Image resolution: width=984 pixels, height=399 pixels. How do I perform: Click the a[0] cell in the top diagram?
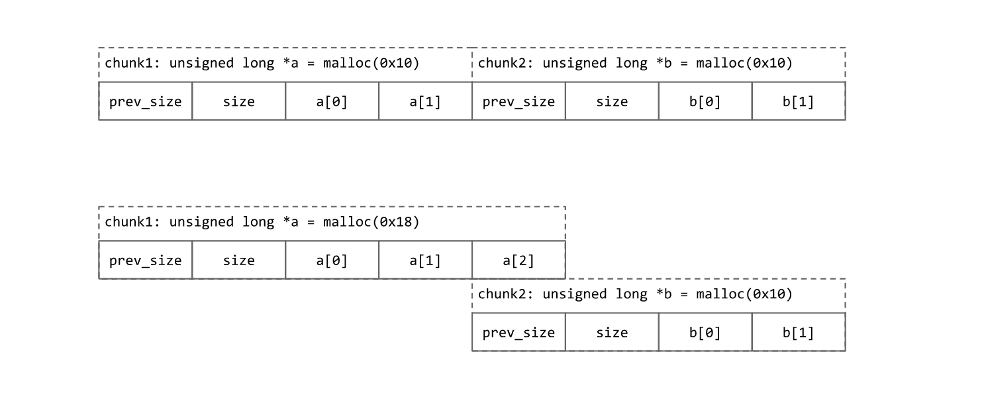tap(332, 101)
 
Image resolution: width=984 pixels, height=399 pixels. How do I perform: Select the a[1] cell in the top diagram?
tap(425, 101)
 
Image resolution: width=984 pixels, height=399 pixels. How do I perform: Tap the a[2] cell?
tap(518, 260)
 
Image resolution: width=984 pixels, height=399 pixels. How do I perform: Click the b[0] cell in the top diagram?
tap(705, 101)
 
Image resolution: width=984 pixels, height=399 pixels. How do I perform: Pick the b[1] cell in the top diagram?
tap(799, 101)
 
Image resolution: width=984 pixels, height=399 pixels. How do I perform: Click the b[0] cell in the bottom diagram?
tap(705, 332)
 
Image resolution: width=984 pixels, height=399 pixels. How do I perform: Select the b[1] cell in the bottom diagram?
tap(799, 332)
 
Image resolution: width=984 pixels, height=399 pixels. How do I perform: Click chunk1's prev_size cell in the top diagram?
tap(146, 101)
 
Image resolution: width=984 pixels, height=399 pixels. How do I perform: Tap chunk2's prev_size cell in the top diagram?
tap(518, 101)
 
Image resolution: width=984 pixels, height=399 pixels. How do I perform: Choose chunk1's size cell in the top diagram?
tap(239, 101)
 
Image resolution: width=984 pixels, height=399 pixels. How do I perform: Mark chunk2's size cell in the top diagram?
tap(612, 101)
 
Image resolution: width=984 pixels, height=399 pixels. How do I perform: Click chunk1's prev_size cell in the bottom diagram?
tap(146, 260)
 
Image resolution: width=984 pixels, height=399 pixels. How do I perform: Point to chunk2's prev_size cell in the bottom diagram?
tap(518, 332)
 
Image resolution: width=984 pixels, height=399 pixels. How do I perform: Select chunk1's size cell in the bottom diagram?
tap(239, 260)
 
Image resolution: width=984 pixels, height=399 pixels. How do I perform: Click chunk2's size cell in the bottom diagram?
tap(612, 332)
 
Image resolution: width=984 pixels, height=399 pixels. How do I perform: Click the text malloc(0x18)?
tap(371, 222)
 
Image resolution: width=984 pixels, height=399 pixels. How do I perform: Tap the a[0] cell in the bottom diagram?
tap(332, 260)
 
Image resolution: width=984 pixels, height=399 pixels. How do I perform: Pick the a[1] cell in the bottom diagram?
tap(425, 260)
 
